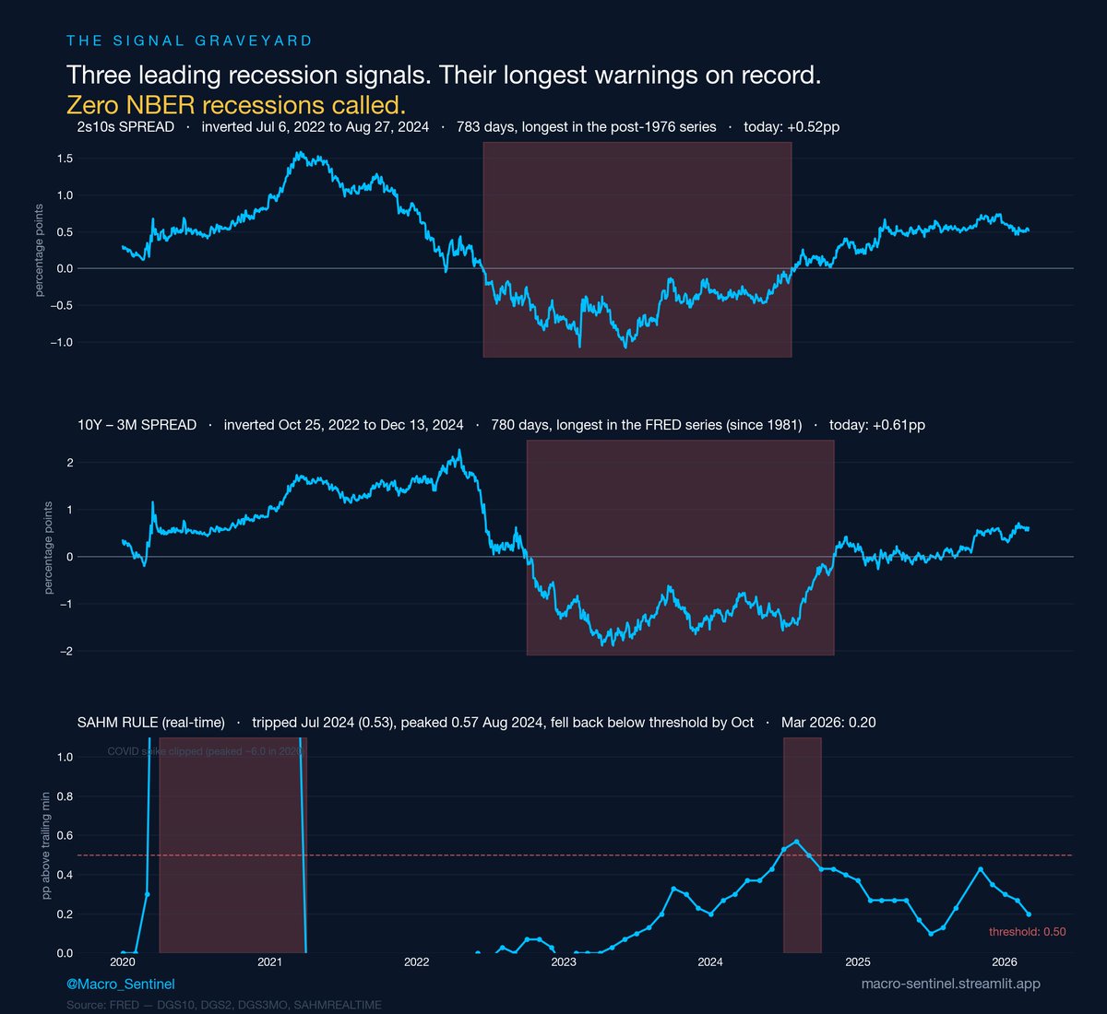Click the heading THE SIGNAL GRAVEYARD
click(189, 41)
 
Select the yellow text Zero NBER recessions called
click(235, 104)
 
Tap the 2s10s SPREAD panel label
click(125, 127)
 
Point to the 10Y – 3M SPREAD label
click(137, 425)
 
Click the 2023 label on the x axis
click(563, 962)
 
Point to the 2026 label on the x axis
click(1004, 962)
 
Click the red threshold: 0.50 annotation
click(1027, 932)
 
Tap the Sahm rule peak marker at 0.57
click(796, 842)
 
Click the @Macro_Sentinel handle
click(120, 985)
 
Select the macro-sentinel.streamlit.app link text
click(950, 985)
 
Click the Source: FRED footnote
click(223, 1005)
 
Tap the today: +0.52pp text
click(792, 127)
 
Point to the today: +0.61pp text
click(876, 425)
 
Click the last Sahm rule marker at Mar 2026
click(1029, 914)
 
